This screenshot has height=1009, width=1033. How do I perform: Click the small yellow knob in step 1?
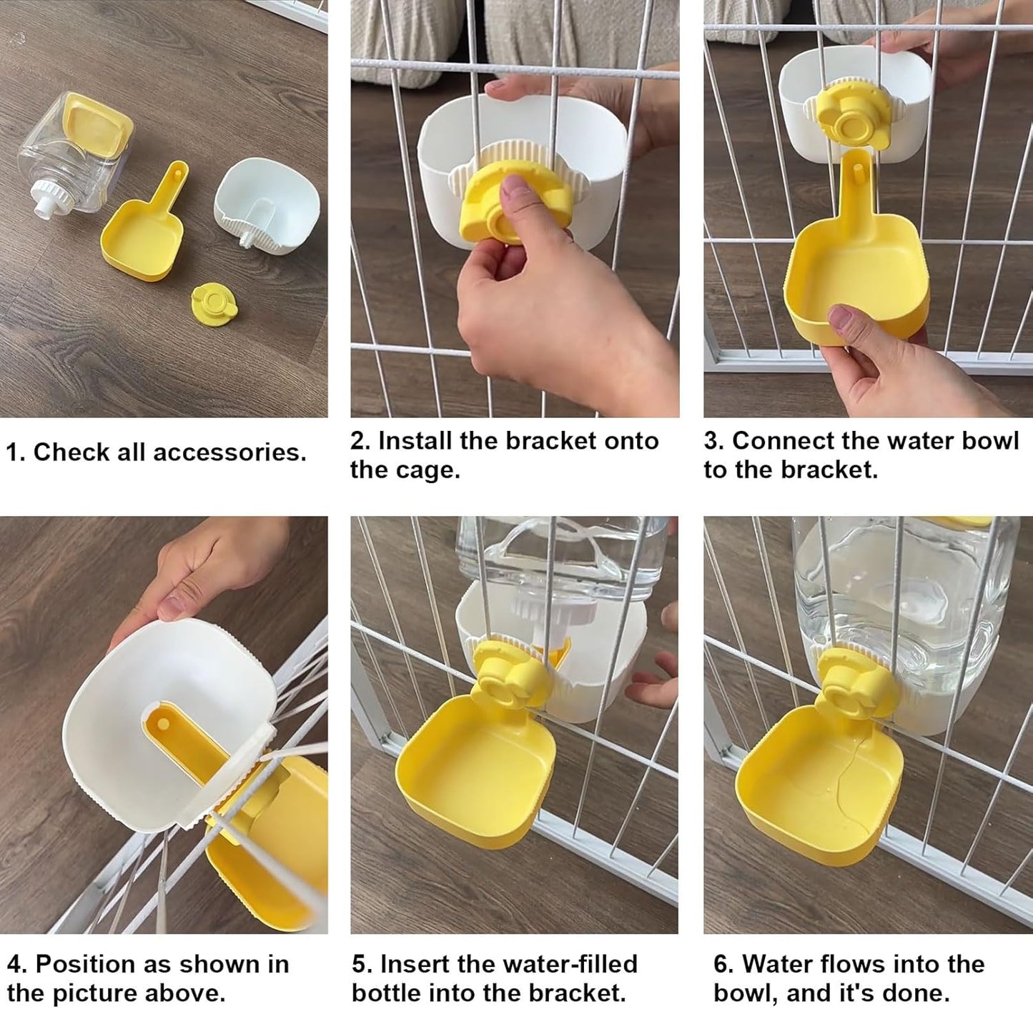pos(207,299)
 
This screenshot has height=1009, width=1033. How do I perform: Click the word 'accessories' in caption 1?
pos(229,452)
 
